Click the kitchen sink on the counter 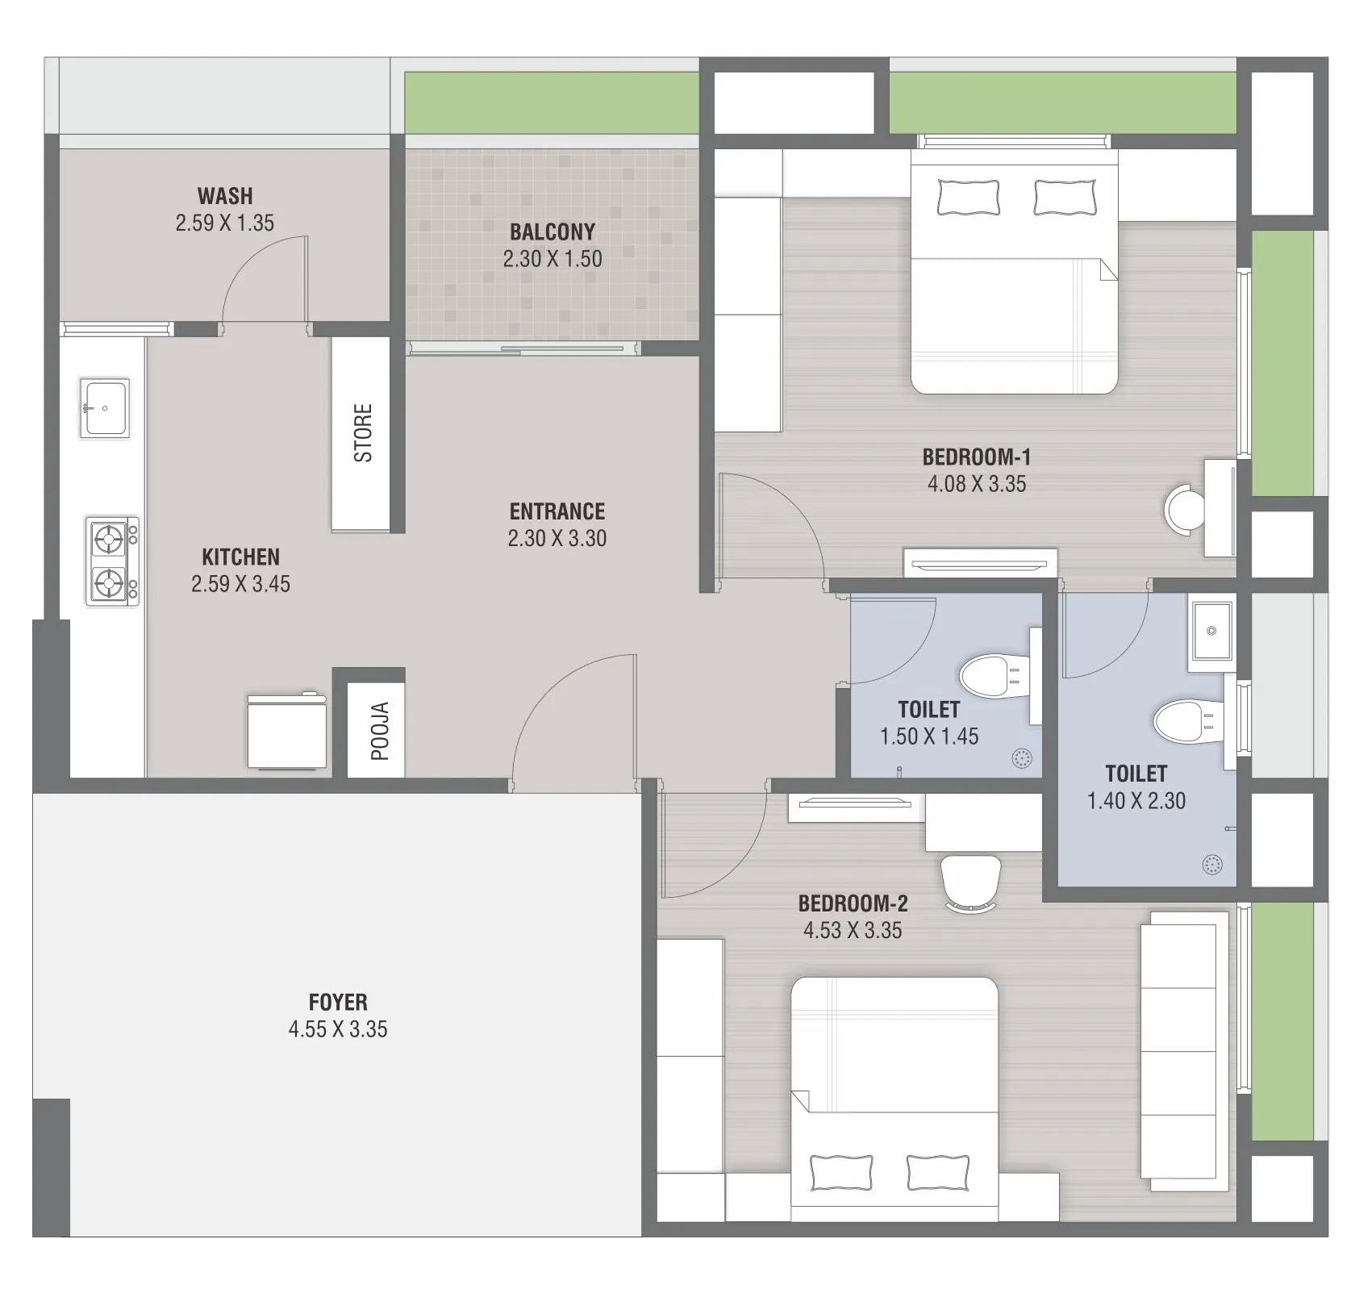click(105, 408)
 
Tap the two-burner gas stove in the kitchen click(112, 561)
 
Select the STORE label click(364, 433)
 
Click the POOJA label click(380, 732)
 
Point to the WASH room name click(225, 196)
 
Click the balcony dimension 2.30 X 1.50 click(552, 259)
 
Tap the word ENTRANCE click(557, 511)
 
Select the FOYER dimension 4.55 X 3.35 click(338, 1029)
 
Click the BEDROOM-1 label click(977, 457)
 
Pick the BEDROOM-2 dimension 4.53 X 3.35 click(853, 930)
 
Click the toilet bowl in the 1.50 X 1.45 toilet click(994, 675)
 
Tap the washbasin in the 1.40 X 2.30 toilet click(1211, 631)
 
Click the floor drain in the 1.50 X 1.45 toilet click(1021, 758)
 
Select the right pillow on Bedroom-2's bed click(938, 1172)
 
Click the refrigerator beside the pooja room click(286, 731)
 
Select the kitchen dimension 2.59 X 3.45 click(240, 584)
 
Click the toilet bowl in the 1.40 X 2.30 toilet click(1190, 722)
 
